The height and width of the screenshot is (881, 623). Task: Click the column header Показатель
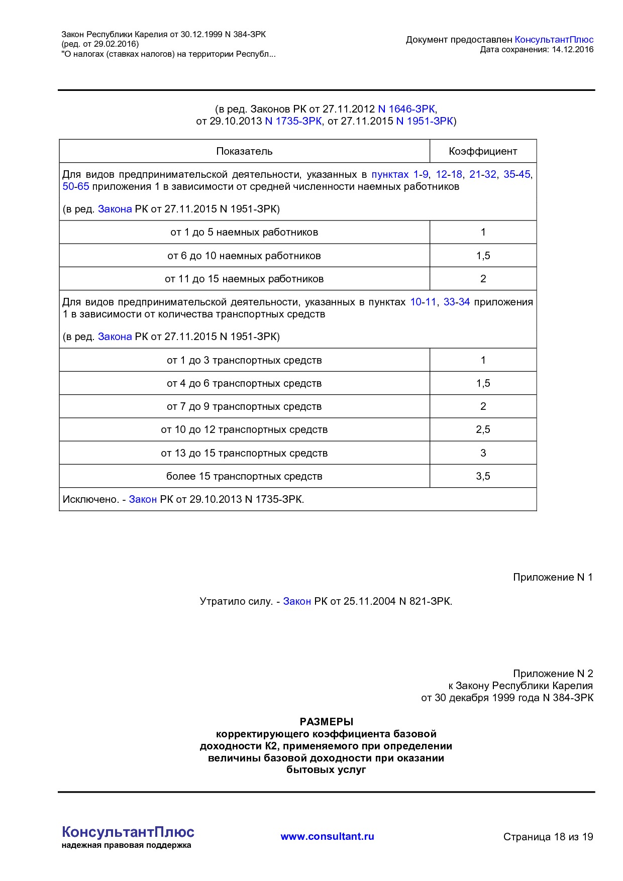click(x=244, y=151)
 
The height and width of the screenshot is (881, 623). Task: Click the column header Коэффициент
click(x=482, y=151)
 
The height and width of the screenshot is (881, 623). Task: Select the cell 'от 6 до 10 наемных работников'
click(x=244, y=256)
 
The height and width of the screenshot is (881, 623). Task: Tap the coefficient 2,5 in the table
click(x=483, y=429)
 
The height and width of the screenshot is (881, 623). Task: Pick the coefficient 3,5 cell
click(x=483, y=476)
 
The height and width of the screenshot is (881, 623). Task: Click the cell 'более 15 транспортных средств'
click(x=244, y=476)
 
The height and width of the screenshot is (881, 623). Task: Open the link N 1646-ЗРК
click(x=406, y=109)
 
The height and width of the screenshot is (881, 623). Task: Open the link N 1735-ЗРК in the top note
click(x=293, y=121)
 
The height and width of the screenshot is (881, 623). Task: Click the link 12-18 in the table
click(x=449, y=174)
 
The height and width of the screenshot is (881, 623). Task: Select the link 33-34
click(x=456, y=302)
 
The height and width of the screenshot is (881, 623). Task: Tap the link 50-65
click(x=75, y=186)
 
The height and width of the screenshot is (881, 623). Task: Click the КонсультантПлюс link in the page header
click(x=554, y=40)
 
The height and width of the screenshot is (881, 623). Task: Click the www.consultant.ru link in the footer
click(x=327, y=836)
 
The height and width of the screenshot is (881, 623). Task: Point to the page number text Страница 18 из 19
click(x=548, y=837)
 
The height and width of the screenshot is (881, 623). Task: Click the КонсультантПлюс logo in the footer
click(x=128, y=832)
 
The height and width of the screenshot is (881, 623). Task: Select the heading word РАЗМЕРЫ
click(x=326, y=722)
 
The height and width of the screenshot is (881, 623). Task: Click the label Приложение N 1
click(x=552, y=577)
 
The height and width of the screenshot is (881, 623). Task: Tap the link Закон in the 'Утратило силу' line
click(x=296, y=601)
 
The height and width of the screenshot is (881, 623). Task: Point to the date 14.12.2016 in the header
click(x=572, y=49)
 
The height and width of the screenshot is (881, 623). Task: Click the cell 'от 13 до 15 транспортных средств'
click(x=244, y=453)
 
